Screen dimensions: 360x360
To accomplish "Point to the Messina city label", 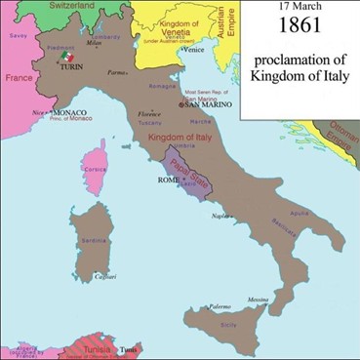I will (258, 298).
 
